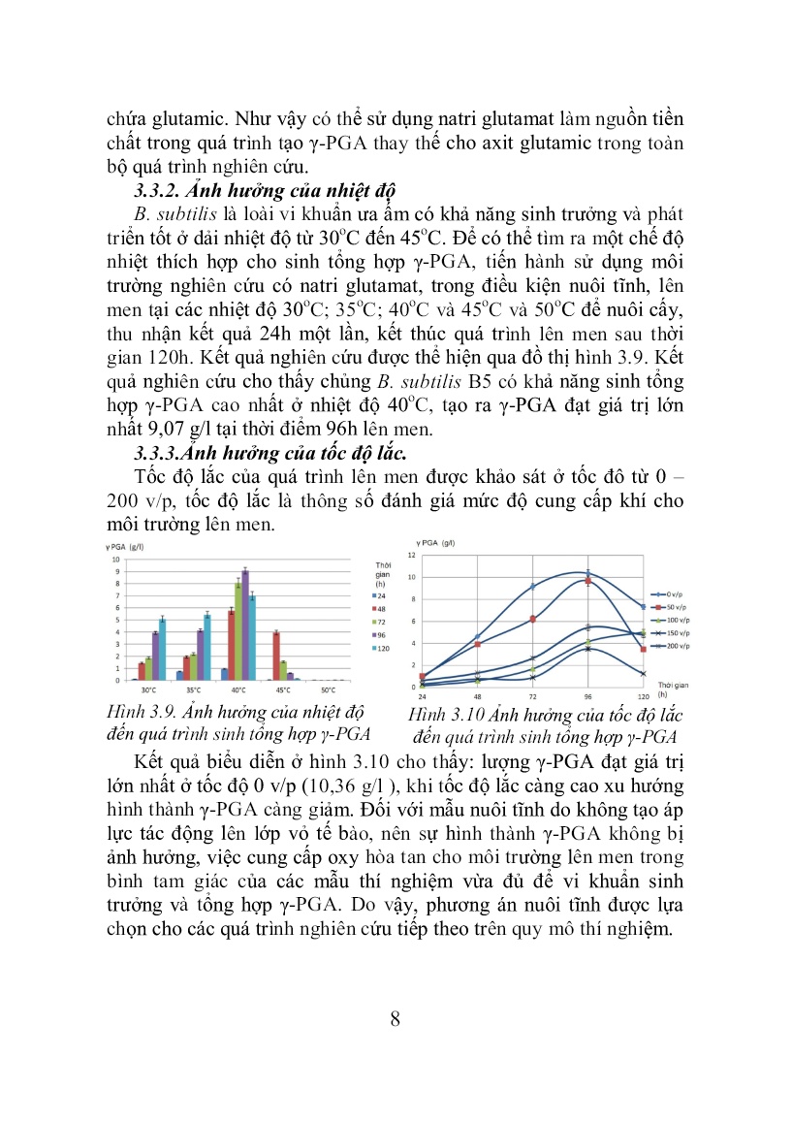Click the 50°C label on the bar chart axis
[331, 689]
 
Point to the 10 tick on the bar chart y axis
[116, 560]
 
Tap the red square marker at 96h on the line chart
[587, 580]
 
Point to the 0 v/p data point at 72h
[532, 587]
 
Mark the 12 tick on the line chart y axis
[411, 556]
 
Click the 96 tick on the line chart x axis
[587, 696]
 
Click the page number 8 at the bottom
[395, 1018]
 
